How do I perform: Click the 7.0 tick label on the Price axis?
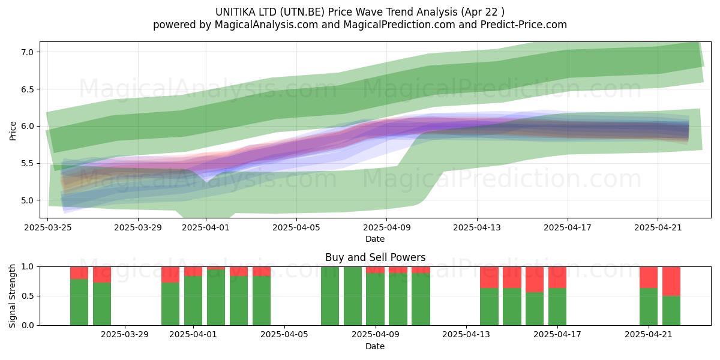coord(28,52)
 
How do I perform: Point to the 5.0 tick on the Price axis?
coord(28,200)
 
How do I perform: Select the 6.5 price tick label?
coord(28,89)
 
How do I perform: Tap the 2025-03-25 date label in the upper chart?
coord(48,227)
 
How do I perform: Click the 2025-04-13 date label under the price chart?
coord(477,227)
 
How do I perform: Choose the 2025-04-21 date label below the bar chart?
coord(649,335)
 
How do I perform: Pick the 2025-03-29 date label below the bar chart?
coord(125,335)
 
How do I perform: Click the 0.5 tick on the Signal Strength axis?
coord(28,296)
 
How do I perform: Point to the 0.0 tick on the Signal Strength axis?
coord(28,325)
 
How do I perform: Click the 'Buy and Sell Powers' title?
coord(375,257)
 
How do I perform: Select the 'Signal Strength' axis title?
coord(12,296)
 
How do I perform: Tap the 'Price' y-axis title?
coord(13,131)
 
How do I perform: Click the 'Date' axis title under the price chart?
coord(375,239)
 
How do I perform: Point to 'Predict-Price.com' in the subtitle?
coord(524,25)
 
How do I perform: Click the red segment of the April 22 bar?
coord(671,281)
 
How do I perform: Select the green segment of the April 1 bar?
coord(193,301)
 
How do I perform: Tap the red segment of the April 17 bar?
coord(557,277)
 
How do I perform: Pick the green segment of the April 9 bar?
coord(375,299)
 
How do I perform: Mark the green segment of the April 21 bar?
coord(649,307)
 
